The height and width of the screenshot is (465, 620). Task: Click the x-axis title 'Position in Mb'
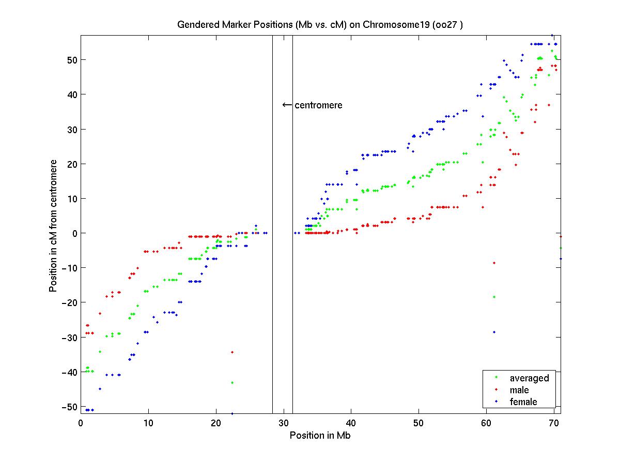pyautogui.click(x=320, y=435)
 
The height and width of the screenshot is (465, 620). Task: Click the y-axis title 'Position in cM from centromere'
pyautogui.click(x=53, y=226)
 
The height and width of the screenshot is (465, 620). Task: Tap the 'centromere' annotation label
pyautogui.click(x=318, y=105)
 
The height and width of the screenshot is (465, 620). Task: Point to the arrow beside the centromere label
pyautogui.click(x=287, y=105)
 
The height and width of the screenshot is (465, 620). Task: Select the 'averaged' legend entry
pyautogui.click(x=529, y=378)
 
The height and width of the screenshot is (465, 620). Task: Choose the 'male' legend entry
pyautogui.click(x=519, y=390)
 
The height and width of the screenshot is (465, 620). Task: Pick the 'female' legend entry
pyautogui.click(x=523, y=402)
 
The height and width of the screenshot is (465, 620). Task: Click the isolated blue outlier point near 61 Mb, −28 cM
pyautogui.click(x=494, y=332)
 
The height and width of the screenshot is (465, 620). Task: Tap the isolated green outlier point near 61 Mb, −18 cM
pyautogui.click(x=494, y=297)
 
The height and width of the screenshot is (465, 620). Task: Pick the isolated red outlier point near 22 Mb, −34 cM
pyautogui.click(x=233, y=352)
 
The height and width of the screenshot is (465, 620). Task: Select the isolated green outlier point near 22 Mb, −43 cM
pyautogui.click(x=233, y=382)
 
